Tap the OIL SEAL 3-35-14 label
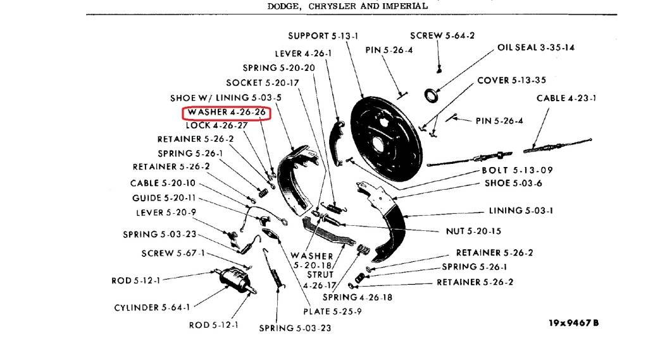[536, 47]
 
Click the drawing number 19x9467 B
[573, 323]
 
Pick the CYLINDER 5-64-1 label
[152, 307]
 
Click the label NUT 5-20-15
[473, 232]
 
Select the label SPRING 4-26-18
[357, 297]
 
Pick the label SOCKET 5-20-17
[263, 83]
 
